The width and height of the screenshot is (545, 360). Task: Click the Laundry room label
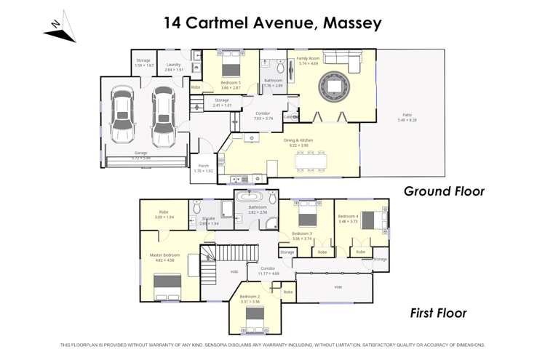(173, 65)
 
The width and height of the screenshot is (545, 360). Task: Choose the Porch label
(204, 166)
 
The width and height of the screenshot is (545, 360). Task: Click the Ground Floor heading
(444, 191)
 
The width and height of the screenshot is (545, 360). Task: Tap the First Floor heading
(437, 313)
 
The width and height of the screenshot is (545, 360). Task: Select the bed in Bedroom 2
(255, 315)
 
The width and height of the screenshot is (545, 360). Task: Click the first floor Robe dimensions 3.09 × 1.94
(164, 217)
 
